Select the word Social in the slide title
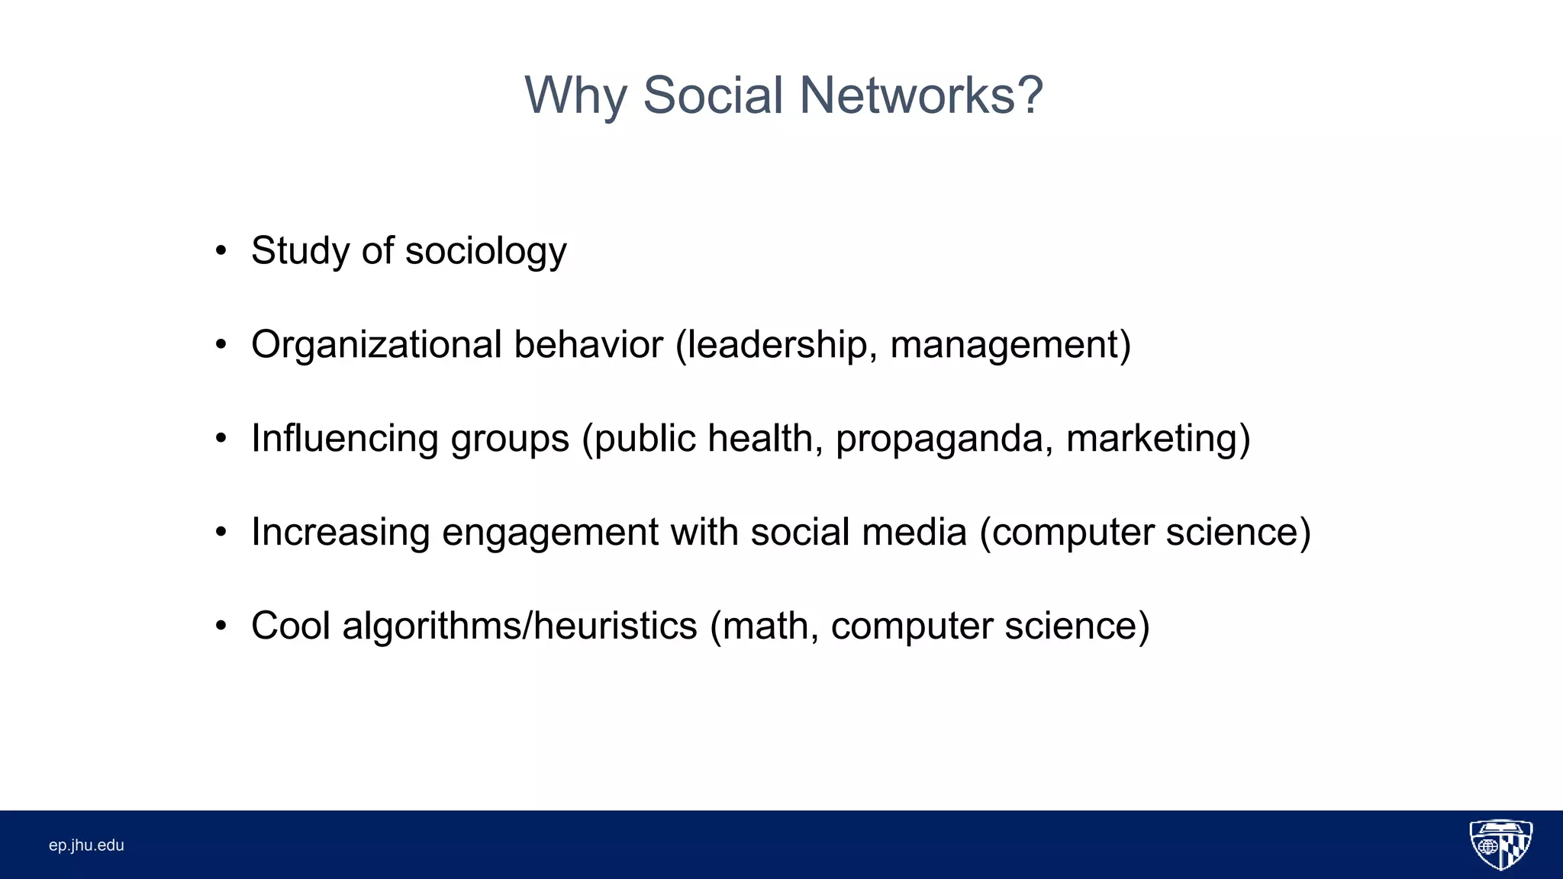coord(713,96)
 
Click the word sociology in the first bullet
coord(485,252)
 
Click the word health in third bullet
coord(765,439)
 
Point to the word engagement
coord(549,533)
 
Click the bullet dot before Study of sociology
coord(221,251)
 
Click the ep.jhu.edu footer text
coord(86,845)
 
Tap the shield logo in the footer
coord(1500,845)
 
